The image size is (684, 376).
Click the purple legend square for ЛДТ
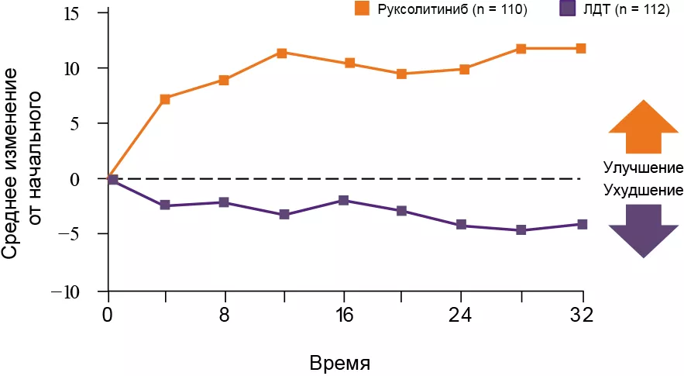568,9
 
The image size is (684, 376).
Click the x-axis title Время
340,363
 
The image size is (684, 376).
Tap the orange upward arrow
642,127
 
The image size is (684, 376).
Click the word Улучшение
642,168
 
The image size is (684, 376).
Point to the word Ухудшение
642,189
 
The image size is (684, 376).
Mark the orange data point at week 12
282,53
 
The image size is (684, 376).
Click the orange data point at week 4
164,98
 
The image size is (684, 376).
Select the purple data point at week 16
343,201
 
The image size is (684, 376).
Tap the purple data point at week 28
521,230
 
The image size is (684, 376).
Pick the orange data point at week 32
581,48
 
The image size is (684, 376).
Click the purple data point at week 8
224,202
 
